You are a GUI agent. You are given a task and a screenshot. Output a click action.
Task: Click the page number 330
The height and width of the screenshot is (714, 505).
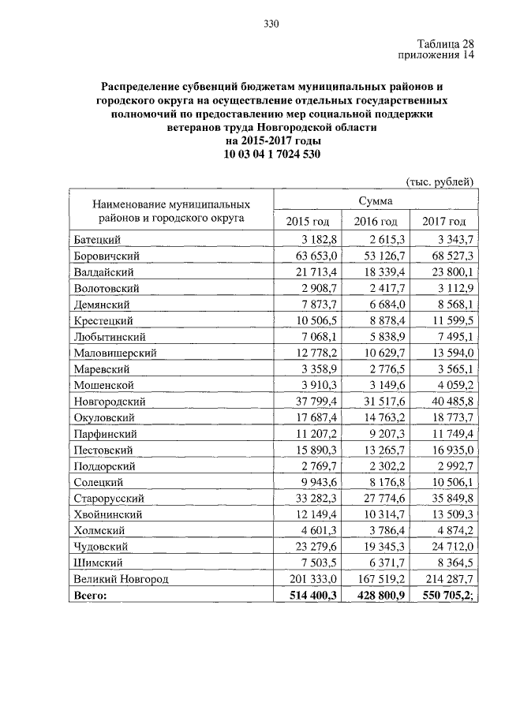click(271, 24)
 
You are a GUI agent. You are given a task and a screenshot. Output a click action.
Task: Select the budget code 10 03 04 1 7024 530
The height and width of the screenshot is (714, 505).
click(271, 154)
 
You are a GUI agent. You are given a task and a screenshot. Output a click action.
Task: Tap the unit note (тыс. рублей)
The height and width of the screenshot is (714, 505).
click(440, 181)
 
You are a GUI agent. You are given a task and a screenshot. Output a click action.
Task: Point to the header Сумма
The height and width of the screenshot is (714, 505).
click(375, 202)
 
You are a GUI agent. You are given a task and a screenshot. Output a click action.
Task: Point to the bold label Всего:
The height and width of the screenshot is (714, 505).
click(90, 596)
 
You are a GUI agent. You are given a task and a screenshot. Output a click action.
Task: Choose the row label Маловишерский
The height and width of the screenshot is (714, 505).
click(115, 353)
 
